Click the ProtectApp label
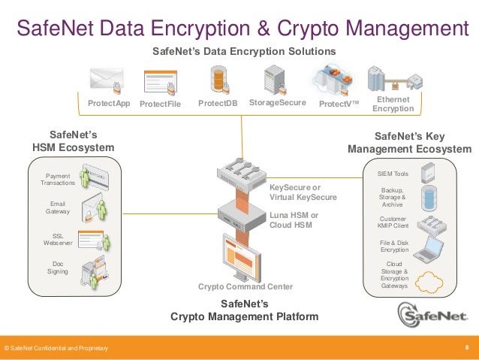[109, 103]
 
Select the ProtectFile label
[160, 104]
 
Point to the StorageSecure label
[277, 103]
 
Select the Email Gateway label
[58, 208]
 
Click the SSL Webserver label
[58, 240]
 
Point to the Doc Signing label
[58, 268]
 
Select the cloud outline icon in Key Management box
[430, 282]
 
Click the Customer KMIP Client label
[393, 222]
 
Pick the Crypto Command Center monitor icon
[245, 256]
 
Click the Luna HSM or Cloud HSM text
[294, 219]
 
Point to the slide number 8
[467, 347]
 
